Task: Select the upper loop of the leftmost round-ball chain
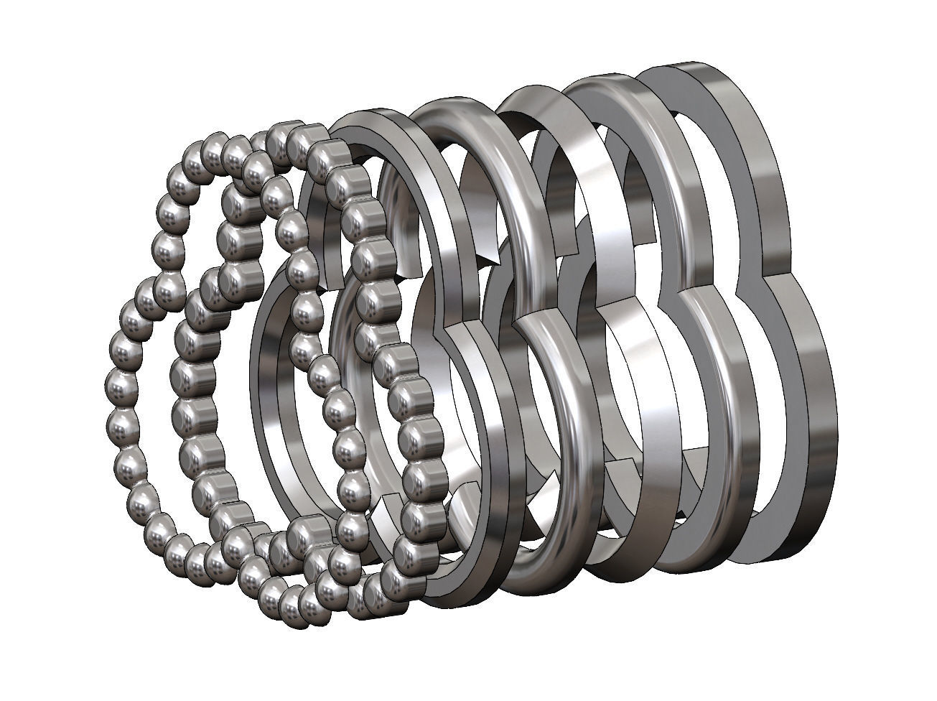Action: pos(169,213)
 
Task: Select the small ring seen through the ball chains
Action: pos(269,402)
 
